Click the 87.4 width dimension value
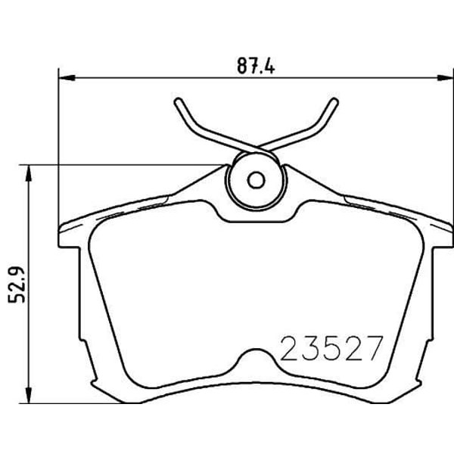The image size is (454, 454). tap(256, 66)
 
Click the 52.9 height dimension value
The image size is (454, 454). tap(17, 285)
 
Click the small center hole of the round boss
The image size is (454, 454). tap(256, 180)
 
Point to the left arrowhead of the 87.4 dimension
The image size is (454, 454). tap(67, 78)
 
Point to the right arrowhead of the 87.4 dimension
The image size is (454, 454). tap(445, 78)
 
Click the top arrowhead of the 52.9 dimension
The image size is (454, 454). tap(28, 174)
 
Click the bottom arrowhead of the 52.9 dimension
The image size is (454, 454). tap(28, 394)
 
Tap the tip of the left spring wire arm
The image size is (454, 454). tap(178, 101)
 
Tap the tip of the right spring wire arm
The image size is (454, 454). tap(334, 101)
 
